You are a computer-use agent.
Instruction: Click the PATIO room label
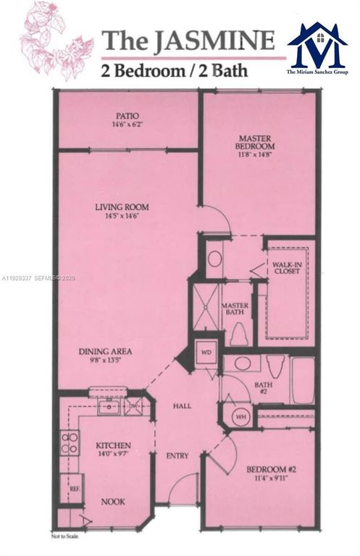127,116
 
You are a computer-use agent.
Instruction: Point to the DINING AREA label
106,352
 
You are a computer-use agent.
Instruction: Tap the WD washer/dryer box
205,353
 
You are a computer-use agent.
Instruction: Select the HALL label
183,405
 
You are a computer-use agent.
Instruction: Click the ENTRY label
177,455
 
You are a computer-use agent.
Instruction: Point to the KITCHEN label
114,445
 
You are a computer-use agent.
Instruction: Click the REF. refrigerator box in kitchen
75,489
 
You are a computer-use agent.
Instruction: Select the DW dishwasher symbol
133,407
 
